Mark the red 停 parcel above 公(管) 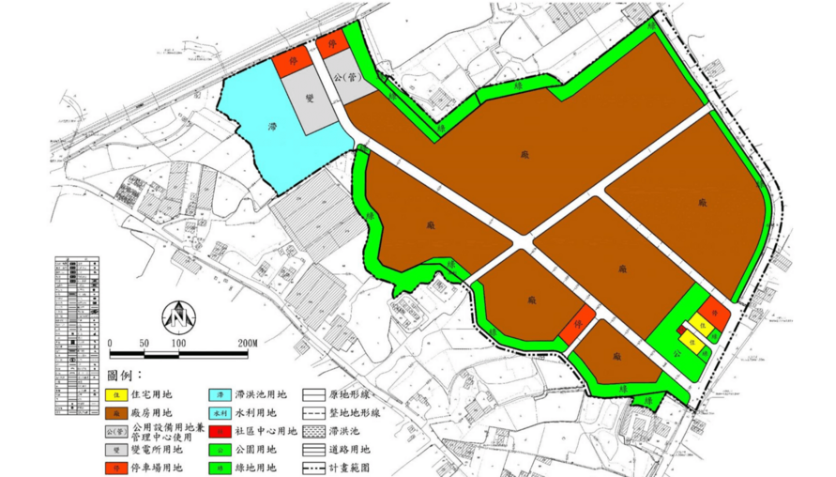click(x=330, y=45)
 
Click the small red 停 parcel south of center click(x=577, y=326)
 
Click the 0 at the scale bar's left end click(x=110, y=343)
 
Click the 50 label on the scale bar click(x=144, y=343)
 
